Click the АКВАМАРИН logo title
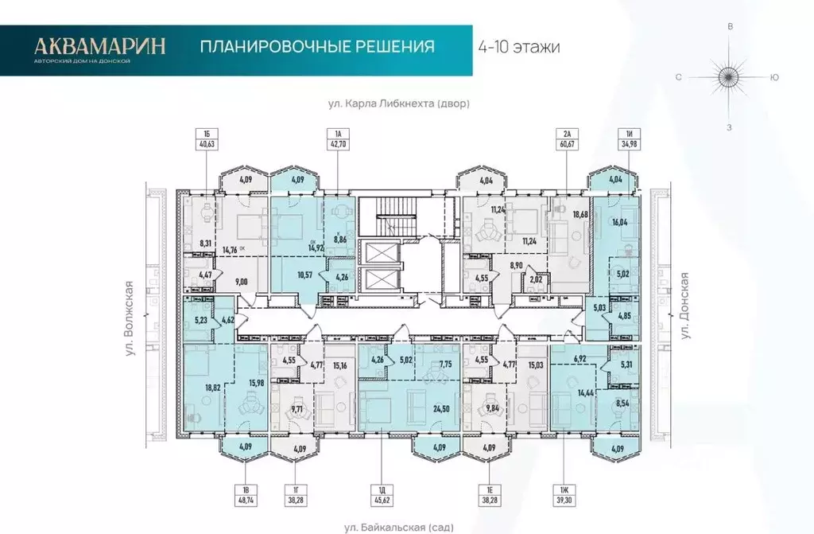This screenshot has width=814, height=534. tap(99, 45)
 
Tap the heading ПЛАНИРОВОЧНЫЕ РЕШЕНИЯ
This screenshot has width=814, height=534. tap(316, 46)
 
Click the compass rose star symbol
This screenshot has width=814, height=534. tap(729, 77)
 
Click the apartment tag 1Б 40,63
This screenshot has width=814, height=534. tap(207, 138)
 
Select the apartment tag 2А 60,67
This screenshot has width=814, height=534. tap(566, 138)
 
